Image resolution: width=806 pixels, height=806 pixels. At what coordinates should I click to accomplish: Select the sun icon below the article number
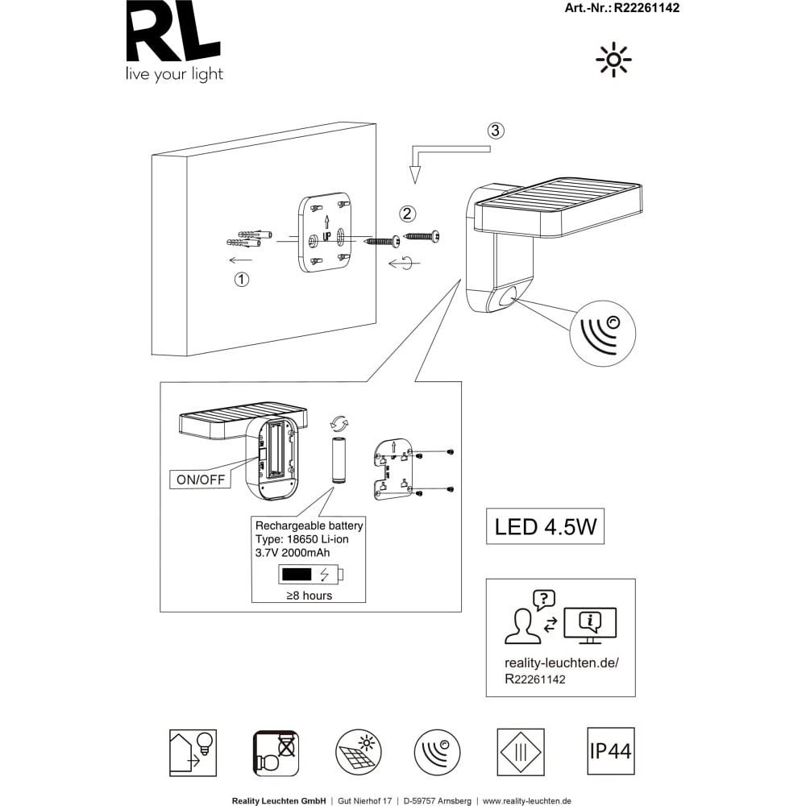(613, 60)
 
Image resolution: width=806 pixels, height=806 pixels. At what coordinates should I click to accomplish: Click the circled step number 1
(242, 279)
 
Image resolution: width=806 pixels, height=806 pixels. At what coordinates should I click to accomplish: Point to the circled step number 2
(408, 214)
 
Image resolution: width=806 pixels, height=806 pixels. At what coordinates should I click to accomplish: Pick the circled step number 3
(496, 131)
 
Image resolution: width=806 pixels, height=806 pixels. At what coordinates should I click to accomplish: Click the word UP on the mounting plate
(326, 237)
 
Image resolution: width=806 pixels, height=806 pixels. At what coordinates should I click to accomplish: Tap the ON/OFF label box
(201, 479)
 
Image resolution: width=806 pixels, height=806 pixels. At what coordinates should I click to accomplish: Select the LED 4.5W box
(546, 527)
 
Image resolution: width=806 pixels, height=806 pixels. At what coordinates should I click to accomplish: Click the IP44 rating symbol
(611, 751)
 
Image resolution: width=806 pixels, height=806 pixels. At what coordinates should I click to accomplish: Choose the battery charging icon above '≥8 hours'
(311, 574)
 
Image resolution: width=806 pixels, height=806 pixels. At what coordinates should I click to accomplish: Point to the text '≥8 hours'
(309, 596)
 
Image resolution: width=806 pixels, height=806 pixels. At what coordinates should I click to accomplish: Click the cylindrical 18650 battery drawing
(339, 459)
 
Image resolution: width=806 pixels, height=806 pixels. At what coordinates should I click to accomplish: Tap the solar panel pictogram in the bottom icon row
(359, 752)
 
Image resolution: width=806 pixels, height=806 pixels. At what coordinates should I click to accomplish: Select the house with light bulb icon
(193, 753)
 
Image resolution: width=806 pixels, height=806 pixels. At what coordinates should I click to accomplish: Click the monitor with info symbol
(590, 625)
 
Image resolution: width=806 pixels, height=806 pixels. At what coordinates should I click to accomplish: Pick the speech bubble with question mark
(544, 600)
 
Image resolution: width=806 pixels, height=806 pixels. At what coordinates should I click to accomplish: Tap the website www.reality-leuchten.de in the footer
(527, 801)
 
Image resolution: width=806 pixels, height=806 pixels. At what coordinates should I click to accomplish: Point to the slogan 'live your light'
(174, 74)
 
